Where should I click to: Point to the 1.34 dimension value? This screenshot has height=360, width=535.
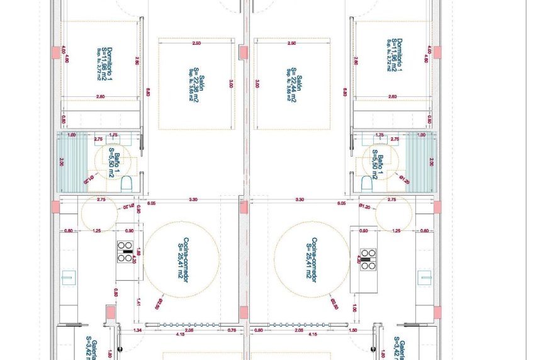(x=138, y=330)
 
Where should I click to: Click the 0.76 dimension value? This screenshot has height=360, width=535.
(x=232, y=330)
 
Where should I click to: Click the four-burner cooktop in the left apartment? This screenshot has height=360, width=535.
(x=125, y=256)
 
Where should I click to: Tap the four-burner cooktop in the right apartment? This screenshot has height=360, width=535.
(x=367, y=258)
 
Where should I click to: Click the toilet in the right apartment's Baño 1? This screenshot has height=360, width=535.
(x=367, y=184)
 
